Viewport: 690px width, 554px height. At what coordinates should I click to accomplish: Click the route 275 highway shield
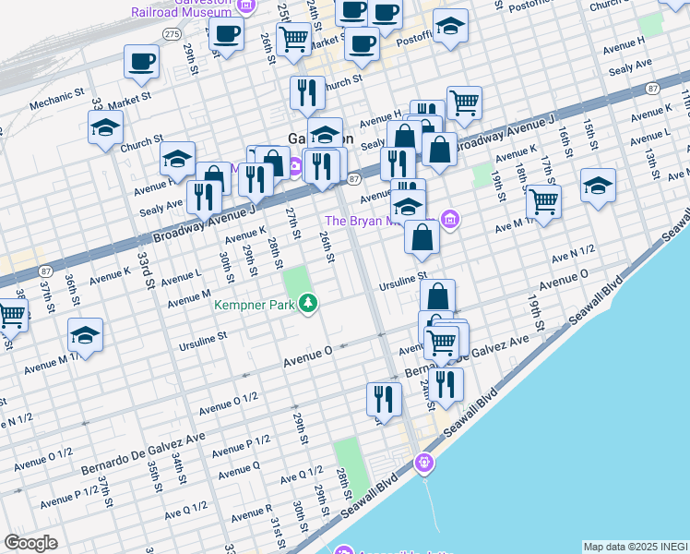[172, 32]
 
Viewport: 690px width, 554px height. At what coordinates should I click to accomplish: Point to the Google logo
[30, 543]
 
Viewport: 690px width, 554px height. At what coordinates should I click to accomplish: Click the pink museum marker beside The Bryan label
[450, 219]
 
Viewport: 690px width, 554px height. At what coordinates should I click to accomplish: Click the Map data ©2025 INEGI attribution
[636, 547]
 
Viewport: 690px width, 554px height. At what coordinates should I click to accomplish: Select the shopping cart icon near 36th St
[12, 314]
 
